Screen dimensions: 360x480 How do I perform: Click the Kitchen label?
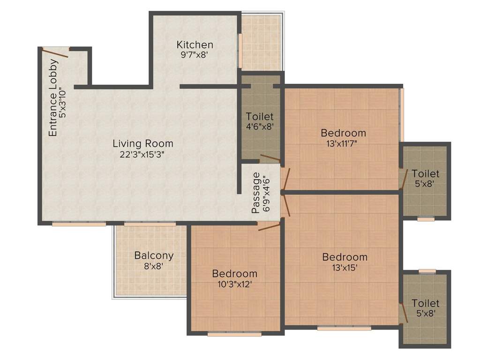(x=195, y=45)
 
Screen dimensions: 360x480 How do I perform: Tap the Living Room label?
(x=142, y=143)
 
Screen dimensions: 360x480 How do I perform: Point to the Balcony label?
(x=154, y=256)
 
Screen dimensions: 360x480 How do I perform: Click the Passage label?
(x=256, y=193)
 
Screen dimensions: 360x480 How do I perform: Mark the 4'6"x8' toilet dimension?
(x=259, y=126)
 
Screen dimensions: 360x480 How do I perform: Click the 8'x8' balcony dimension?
(x=154, y=266)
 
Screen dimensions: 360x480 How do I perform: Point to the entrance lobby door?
(x=55, y=52)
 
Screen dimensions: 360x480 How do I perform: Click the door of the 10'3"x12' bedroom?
(x=269, y=227)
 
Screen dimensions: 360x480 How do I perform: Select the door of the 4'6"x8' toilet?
(x=270, y=159)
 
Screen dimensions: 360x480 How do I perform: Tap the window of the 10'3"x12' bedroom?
(x=234, y=334)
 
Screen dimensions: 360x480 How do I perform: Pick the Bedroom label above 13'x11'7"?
(x=344, y=133)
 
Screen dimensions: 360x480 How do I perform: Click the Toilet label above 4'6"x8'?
(x=260, y=116)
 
